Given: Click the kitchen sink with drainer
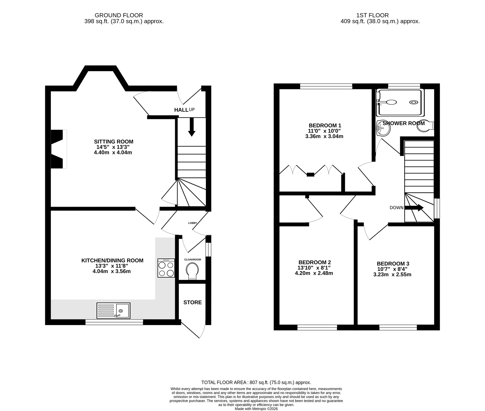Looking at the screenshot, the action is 113,311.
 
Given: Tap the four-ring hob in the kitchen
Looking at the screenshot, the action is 166,268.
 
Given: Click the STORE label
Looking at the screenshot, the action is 192,302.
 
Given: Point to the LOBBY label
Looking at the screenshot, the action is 192,223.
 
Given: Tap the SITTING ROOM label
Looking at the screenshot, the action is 114,141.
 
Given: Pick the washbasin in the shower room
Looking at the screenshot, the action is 383,129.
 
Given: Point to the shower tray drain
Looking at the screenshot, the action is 413,102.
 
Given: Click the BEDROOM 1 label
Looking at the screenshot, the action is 325,125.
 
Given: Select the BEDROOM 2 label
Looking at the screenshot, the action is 314,262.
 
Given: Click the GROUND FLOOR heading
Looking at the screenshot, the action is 119,15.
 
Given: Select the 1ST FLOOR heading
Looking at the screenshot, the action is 373,15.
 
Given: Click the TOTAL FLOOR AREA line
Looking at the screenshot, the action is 256,382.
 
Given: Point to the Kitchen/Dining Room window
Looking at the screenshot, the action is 114,322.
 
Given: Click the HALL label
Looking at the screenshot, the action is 181,110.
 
